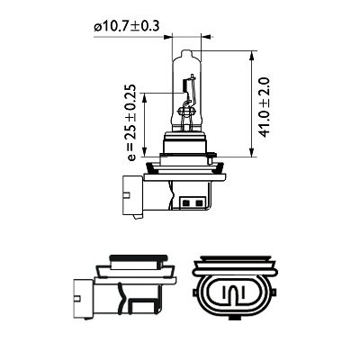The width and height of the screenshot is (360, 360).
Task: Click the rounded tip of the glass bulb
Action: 188,47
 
